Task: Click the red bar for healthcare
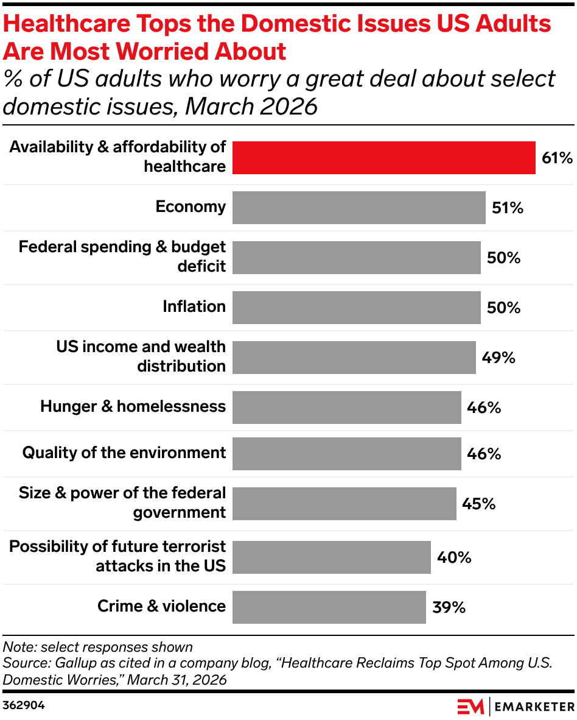383,158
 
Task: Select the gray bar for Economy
358,208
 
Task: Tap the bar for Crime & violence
329,607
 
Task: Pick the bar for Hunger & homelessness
346,408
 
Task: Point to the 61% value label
557,158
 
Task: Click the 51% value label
507,208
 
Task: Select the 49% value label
498,358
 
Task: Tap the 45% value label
478,504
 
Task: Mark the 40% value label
454,557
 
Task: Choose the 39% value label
449,607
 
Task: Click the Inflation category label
194,307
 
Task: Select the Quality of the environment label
124,453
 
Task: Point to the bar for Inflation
356,308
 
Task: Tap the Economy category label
191,207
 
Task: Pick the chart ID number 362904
24,705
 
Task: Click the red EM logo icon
470,707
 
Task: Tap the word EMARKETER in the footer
533,707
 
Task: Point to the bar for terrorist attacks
331,557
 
